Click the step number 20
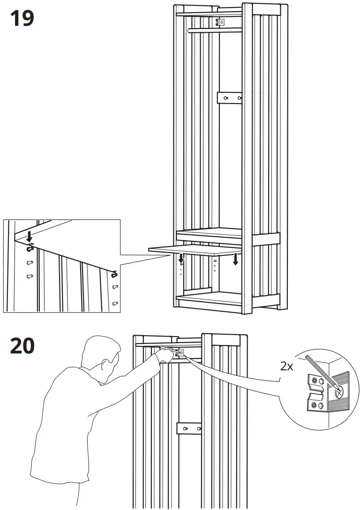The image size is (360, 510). click(22, 346)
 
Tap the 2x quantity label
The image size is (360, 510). click(287, 367)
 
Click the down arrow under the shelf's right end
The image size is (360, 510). click(235, 258)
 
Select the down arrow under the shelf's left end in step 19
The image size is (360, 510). click(181, 257)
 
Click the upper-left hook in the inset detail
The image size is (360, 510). click(30, 247)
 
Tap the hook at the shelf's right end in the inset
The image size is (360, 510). click(114, 273)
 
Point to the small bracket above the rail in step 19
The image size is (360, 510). click(220, 22)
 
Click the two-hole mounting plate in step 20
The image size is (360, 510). click(188, 428)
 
